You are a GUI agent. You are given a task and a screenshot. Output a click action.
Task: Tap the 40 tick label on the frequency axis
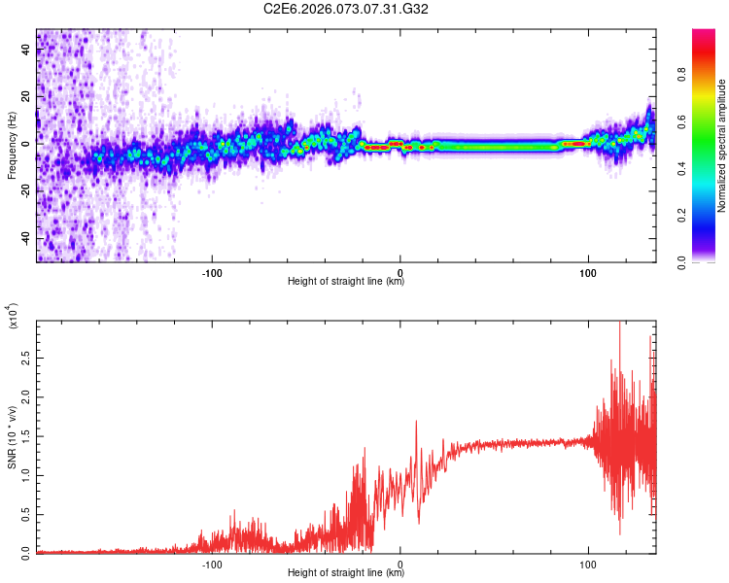tap(26, 51)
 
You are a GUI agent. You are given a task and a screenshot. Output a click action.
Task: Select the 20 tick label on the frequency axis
tap(26, 97)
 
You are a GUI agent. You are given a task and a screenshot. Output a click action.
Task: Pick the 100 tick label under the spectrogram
tap(587, 272)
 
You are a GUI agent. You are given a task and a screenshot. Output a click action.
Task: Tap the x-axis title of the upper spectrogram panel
tap(346, 282)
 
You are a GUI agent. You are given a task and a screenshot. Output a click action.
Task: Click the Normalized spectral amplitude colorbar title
tap(722, 146)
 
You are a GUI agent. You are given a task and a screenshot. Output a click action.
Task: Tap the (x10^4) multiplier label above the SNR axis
tap(12, 318)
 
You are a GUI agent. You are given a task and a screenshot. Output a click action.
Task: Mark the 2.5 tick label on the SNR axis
tap(26, 360)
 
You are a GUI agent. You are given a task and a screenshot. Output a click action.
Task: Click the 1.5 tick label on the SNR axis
tap(26, 436)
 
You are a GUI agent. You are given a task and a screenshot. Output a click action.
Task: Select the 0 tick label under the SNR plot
tap(400, 563)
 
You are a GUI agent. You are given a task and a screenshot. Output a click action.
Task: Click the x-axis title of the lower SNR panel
tap(346, 573)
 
